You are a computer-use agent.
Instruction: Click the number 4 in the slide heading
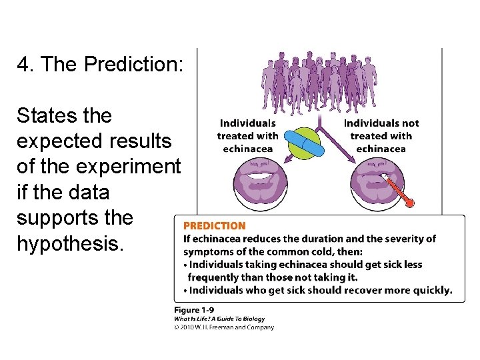[x=24, y=65]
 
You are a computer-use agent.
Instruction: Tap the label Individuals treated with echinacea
[x=247, y=136]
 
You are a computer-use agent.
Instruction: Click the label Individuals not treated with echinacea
[x=381, y=136]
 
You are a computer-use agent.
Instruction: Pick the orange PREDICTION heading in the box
[x=214, y=226]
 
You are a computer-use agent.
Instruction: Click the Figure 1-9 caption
[x=193, y=310]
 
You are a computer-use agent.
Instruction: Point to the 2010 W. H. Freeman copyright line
[x=223, y=327]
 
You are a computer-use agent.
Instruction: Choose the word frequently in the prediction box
[x=215, y=277]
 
